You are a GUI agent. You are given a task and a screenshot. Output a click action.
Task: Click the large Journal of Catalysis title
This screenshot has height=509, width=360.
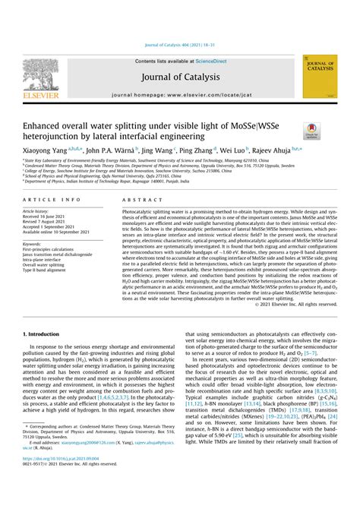179,77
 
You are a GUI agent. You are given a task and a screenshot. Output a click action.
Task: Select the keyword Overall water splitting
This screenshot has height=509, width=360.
50,264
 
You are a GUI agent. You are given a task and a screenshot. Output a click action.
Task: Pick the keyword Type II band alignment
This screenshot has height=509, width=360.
50,269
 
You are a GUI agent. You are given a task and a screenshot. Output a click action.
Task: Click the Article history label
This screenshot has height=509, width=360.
37,210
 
